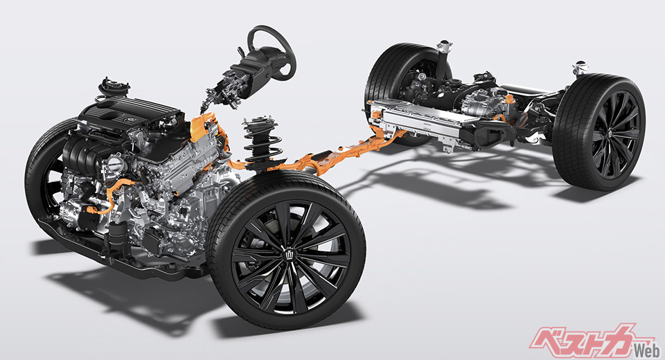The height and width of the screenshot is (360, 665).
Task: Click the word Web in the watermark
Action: (x=646, y=351)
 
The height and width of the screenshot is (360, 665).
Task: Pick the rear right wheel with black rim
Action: (x=598, y=132)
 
